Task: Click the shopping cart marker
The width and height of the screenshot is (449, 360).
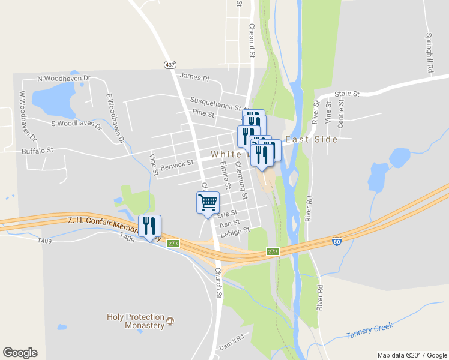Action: click(x=208, y=203)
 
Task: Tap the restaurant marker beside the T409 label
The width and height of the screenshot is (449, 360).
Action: click(x=149, y=226)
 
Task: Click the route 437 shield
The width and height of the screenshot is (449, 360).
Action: click(x=170, y=64)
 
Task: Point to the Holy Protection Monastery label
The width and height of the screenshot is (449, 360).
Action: click(x=135, y=321)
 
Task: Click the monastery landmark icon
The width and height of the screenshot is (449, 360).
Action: click(x=170, y=321)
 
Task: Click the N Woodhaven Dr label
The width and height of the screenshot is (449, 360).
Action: click(x=63, y=79)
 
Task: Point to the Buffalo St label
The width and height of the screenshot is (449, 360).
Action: click(x=37, y=151)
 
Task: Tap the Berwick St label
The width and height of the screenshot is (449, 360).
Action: click(x=176, y=163)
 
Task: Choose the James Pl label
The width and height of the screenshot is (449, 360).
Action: click(x=194, y=77)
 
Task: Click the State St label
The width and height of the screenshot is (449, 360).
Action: click(x=346, y=94)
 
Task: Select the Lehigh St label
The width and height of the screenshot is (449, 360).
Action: click(x=234, y=231)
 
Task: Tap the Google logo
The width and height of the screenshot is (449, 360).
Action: click(x=20, y=353)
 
